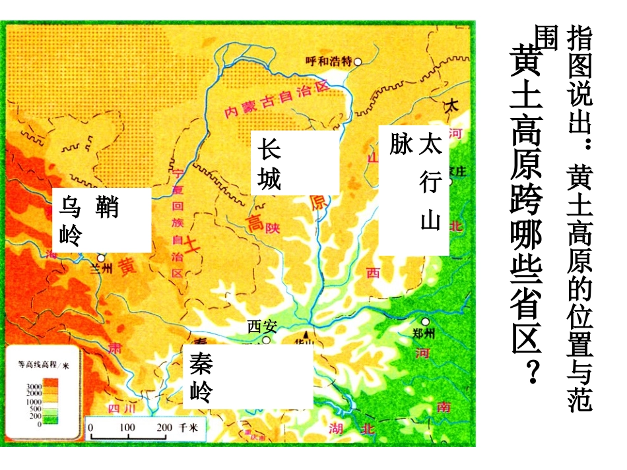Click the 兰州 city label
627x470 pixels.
tap(97, 269)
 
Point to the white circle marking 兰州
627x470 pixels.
tap(100, 258)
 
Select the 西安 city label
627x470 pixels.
tap(261, 326)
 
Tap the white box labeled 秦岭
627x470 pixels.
tap(247, 377)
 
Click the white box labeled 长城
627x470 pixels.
tap(294, 163)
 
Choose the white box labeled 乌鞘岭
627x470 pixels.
tap(102, 220)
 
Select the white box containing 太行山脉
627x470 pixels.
tap(414, 190)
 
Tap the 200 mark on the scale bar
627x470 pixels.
tap(164, 428)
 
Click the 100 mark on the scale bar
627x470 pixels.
tap(127, 428)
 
